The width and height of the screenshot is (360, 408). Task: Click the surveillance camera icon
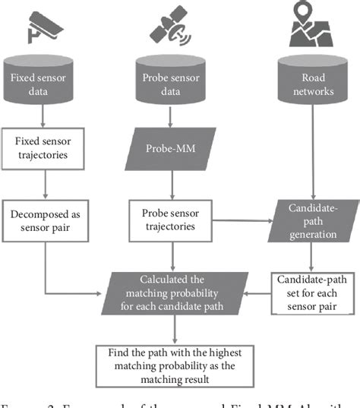coord(44,27)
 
